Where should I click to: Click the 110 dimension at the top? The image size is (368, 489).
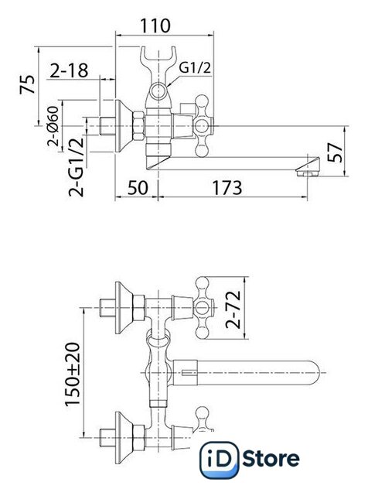[x=155, y=26]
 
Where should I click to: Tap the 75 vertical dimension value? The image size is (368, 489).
[x=27, y=84]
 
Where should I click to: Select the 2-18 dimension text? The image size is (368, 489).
[x=69, y=70]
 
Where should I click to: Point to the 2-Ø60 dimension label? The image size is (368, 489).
[x=53, y=126]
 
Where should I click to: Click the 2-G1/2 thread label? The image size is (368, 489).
[x=77, y=166]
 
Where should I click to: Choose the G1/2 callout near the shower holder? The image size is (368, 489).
[x=195, y=67]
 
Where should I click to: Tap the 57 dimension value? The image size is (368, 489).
[x=335, y=152]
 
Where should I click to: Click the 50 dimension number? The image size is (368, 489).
[x=138, y=188]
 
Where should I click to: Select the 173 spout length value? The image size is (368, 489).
[x=227, y=188]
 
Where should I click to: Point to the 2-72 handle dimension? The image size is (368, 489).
[x=233, y=309]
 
